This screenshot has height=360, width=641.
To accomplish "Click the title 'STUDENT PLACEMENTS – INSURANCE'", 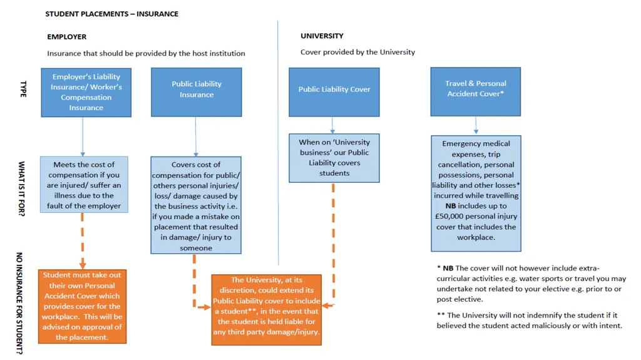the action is pos(111,14).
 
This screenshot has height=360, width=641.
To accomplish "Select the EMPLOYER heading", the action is pos(66,37).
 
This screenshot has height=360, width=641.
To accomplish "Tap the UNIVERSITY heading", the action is pos(322,36).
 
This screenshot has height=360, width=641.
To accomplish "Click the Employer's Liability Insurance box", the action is pos(86,93).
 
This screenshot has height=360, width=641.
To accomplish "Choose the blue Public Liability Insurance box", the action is pos(196,92).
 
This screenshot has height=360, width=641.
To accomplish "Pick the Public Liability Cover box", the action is pos(334,92).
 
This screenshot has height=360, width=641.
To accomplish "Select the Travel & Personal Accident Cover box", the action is pos(476,91).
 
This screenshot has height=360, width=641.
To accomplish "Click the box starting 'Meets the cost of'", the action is pos(84,185).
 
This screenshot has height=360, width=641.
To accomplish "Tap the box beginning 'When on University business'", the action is pos(334,158).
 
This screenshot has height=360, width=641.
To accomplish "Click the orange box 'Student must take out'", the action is pos(82,306).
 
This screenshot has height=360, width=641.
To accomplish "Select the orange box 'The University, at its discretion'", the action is pos(267,310).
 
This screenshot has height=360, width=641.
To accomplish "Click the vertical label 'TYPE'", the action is pos(23,89).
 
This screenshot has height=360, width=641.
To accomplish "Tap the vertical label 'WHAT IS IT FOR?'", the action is pos(21,188).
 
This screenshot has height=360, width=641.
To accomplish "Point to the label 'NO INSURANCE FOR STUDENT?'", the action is pos(19,303).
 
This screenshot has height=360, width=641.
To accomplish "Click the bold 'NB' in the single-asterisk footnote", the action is pos(448,269).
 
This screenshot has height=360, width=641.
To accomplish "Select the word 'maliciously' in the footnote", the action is pos(552,326).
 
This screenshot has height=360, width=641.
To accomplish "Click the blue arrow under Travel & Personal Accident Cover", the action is pos(476,125).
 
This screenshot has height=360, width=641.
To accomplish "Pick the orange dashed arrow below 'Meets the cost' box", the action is pos(83,241).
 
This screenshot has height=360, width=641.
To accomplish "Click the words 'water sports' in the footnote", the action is pos(540,279).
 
